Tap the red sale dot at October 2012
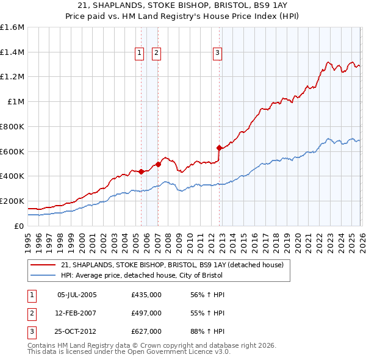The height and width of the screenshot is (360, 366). pos(219,148)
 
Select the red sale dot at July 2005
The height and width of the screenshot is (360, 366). pos(141,171)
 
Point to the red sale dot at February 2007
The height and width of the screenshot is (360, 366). pos(158,164)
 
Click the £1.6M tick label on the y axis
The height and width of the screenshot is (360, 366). pos(12,27)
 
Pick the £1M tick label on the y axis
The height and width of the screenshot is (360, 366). pos(15,102)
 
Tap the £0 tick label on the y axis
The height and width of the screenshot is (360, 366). pos(20,226)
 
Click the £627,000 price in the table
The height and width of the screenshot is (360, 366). pos(146,331)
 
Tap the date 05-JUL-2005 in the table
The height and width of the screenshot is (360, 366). pos(77,295)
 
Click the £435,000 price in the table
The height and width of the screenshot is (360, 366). pos(146,295)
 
